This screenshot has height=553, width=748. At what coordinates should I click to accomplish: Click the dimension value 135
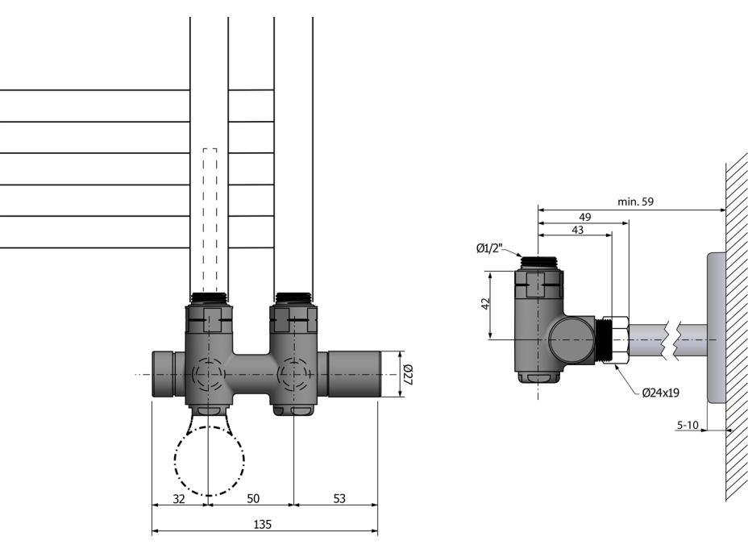tap(263, 524)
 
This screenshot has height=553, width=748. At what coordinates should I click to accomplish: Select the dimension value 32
tap(178, 499)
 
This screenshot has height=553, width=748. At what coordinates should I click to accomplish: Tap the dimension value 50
tap(253, 499)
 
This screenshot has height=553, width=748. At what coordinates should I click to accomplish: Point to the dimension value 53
tap(339, 499)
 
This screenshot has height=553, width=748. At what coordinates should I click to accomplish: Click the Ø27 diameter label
tap(409, 374)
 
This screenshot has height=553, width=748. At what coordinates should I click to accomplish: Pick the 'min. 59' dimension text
tap(635, 202)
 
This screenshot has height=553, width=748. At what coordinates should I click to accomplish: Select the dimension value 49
tap(585, 217)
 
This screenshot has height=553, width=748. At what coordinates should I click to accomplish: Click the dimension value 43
tap(577, 230)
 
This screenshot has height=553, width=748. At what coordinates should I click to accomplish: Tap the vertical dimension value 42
tap(485, 304)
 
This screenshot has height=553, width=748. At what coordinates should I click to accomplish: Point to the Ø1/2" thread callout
tap(489, 248)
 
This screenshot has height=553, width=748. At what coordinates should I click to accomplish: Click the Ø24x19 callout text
tap(661, 393)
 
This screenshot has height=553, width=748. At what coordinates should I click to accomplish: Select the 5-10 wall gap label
tap(688, 425)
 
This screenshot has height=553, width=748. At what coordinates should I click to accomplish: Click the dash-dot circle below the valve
tap(210, 461)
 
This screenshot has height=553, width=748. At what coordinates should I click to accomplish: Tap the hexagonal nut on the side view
tap(616, 339)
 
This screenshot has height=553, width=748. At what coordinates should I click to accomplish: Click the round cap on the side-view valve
tap(571, 340)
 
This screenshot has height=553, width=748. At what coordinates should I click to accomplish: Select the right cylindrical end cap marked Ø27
tap(355, 374)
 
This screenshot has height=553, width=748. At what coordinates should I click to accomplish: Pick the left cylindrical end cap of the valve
tap(164, 374)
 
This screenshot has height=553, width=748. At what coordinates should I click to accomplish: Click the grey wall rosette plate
tap(717, 328)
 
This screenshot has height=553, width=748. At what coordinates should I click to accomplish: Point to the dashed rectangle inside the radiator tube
tap(210, 220)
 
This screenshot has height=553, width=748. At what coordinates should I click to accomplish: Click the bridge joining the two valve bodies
tap(251, 375)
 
